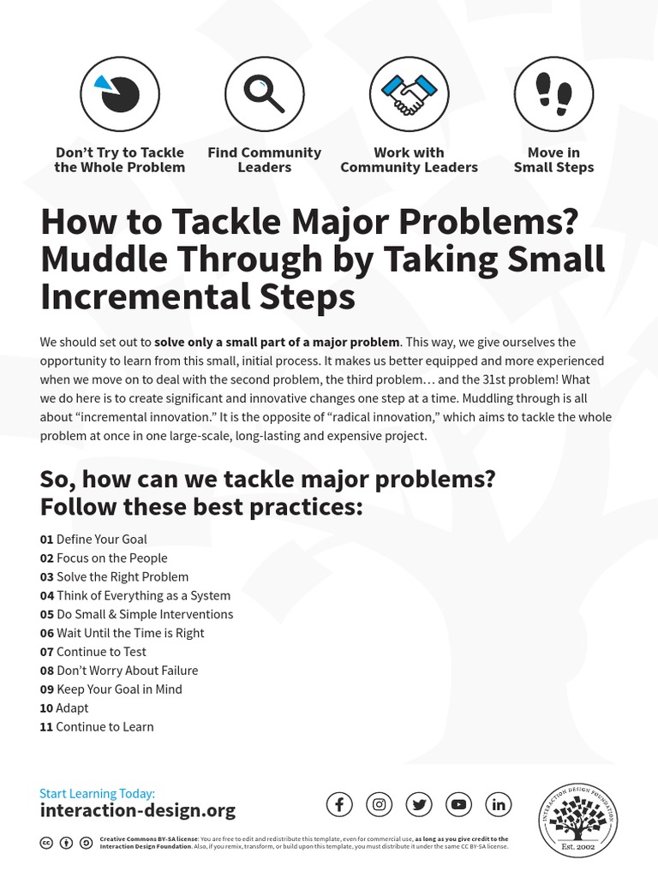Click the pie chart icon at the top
119,95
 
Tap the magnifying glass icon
264,95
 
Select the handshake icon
409,95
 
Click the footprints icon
553,95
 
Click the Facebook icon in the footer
339,804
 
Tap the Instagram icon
380,804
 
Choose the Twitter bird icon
419,804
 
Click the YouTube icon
459,804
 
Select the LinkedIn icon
499,804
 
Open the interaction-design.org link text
137,810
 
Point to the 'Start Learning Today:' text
97,793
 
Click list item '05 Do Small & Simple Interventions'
136,614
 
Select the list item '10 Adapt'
64,708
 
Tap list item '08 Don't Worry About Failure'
119,671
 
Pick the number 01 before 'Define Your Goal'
46,540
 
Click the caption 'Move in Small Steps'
553,160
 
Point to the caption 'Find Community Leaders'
264,160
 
